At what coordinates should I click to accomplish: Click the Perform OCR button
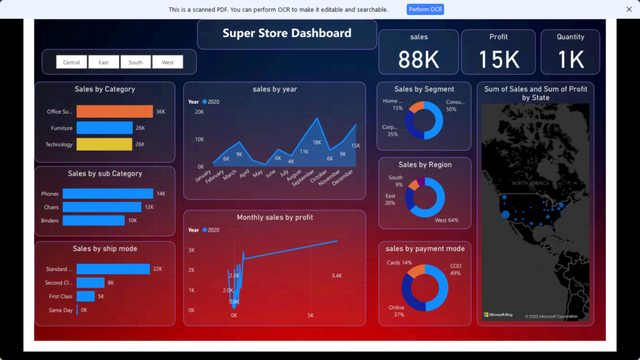click(425, 9)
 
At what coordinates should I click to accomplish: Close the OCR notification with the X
click(629, 9)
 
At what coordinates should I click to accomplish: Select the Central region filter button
click(71, 62)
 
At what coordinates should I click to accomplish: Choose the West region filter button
click(167, 62)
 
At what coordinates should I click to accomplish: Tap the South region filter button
click(136, 62)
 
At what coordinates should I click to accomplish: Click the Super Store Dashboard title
click(287, 34)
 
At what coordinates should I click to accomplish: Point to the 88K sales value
click(419, 59)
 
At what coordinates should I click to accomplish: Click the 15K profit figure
click(498, 59)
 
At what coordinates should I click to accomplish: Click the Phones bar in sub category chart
click(107, 194)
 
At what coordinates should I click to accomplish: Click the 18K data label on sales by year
click(317, 142)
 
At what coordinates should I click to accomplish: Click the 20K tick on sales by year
click(199, 112)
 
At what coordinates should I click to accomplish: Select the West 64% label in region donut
click(446, 220)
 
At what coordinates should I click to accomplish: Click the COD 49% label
click(456, 269)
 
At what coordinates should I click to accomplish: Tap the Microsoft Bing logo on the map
click(498, 314)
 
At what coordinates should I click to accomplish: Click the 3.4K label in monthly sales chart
click(336, 276)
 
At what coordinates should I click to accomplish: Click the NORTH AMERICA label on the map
click(531, 183)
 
